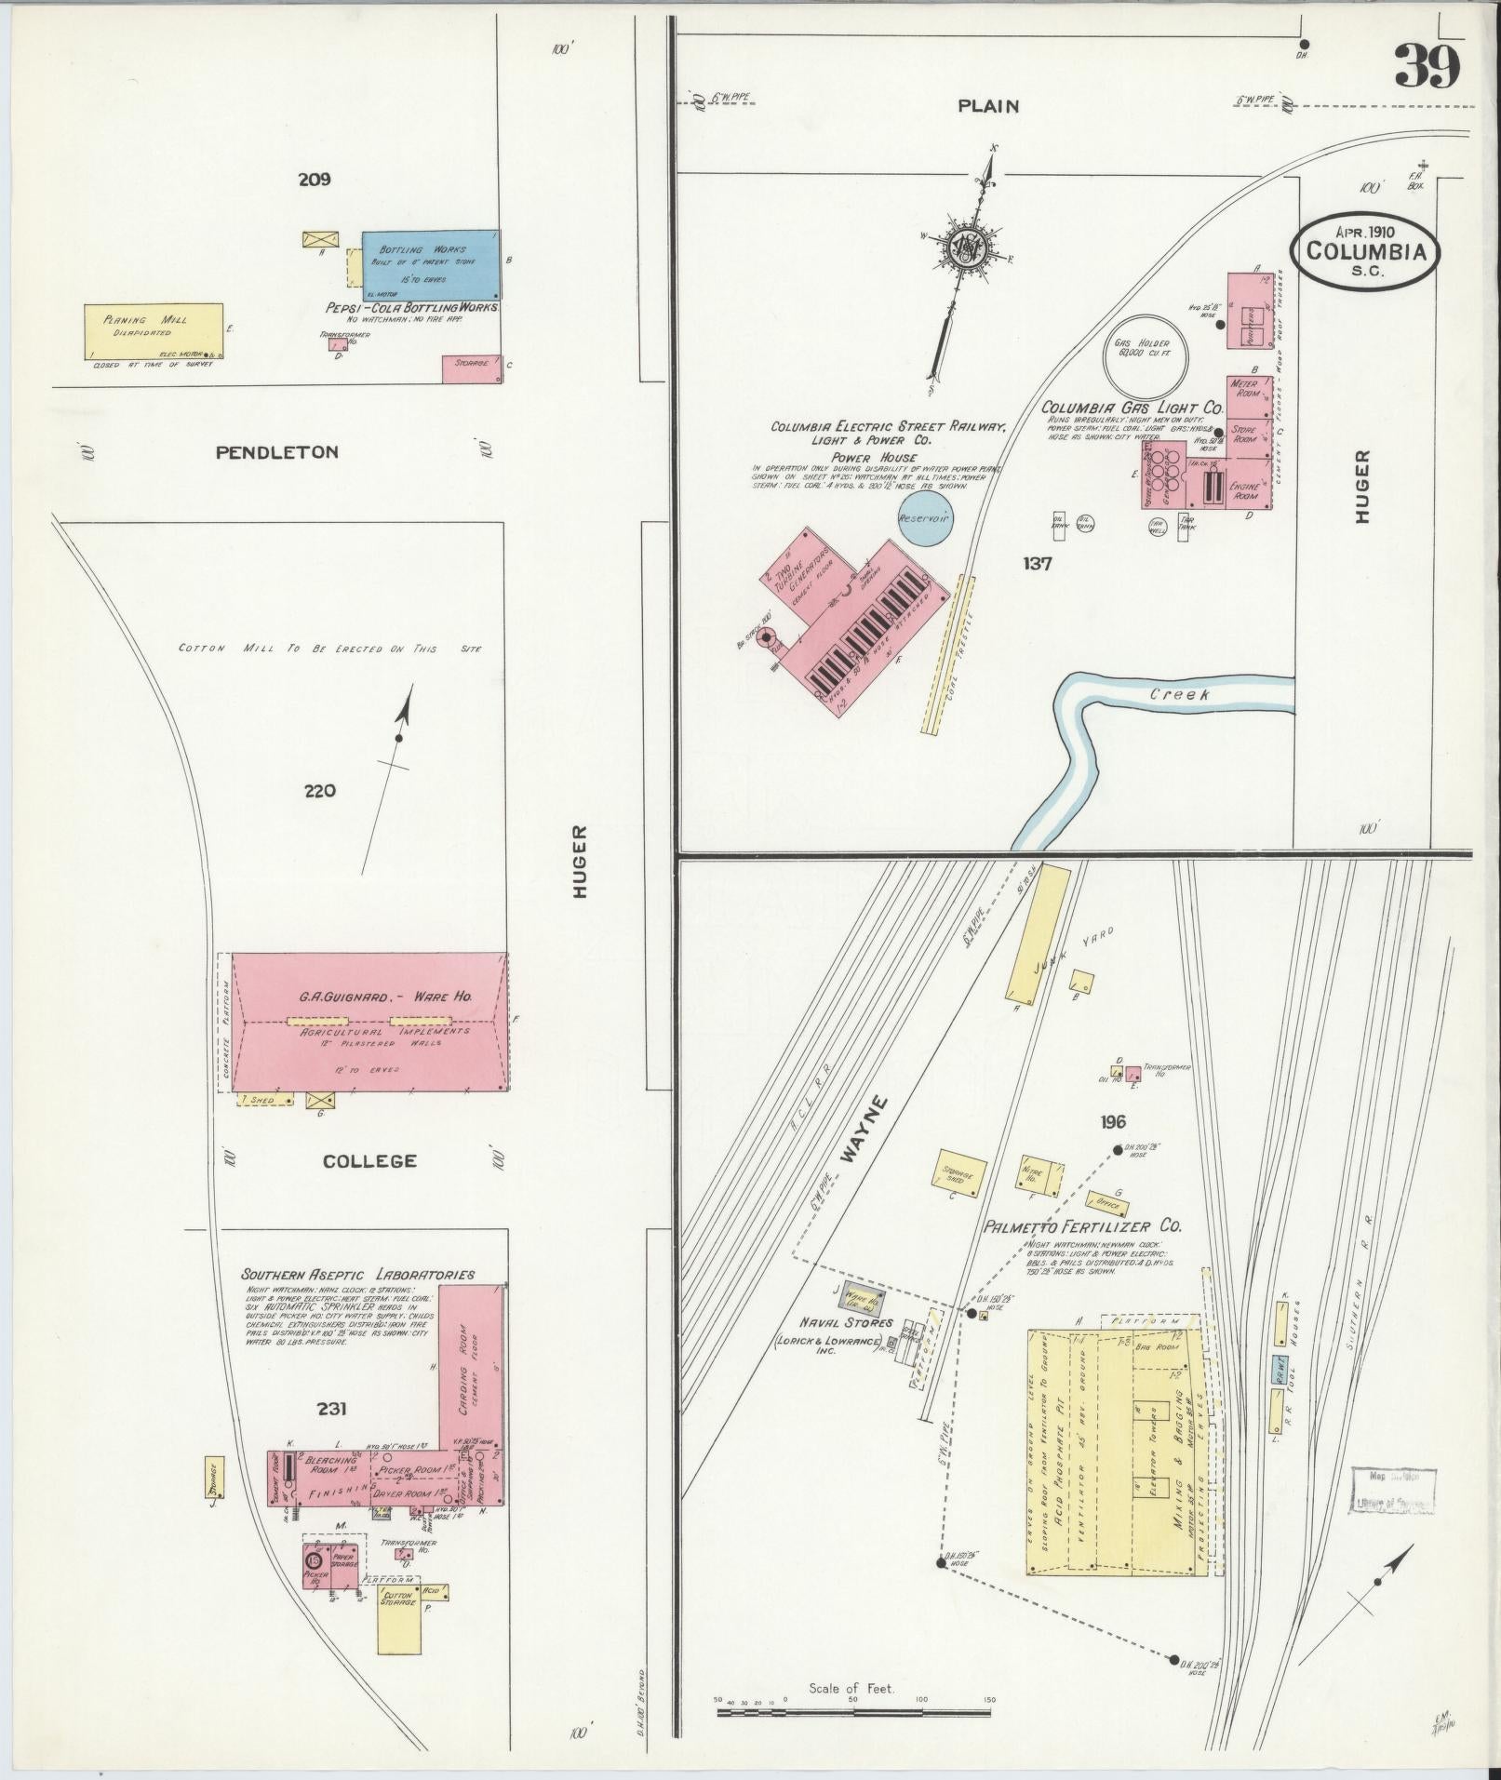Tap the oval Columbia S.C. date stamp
click(1365, 249)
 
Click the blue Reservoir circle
click(925, 518)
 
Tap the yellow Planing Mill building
click(154, 329)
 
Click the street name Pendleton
click(276, 452)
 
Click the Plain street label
click(988, 106)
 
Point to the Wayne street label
click(864, 1129)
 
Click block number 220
click(319, 791)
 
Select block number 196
click(1113, 1122)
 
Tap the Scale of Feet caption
click(851, 1688)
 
